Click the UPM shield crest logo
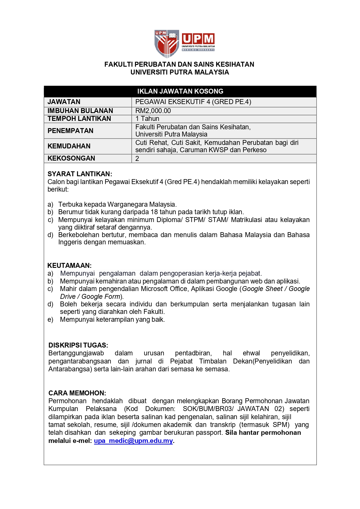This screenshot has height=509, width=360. click(x=166, y=43)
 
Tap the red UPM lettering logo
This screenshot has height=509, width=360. click(x=198, y=39)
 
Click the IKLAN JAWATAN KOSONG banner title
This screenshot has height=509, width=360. click(x=180, y=91)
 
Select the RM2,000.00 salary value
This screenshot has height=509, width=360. click(x=153, y=111)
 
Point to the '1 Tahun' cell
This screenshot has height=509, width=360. click(x=147, y=119)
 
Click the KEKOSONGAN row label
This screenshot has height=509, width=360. click(x=71, y=158)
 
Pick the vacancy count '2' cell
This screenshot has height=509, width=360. click(x=137, y=159)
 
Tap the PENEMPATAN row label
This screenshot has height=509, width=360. click(x=70, y=131)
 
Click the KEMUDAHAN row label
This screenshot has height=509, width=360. click(x=69, y=146)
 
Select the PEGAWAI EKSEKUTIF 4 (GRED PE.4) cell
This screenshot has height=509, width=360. click(x=193, y=102)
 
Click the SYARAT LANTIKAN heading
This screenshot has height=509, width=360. click(x=80, y=174)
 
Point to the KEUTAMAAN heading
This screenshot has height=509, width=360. click(x=69, y=266)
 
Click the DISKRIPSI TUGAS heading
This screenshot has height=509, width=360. click(x=78, y=345)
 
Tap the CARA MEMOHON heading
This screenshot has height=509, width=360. click(x=77, y=393)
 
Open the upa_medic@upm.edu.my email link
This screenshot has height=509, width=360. click(x=133, y=441)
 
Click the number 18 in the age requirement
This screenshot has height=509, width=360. click(x=154, y=212)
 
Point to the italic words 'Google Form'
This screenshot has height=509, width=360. click(x=101, y=297)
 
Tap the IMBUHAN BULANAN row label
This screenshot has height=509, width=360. click(x=80, y=111)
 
